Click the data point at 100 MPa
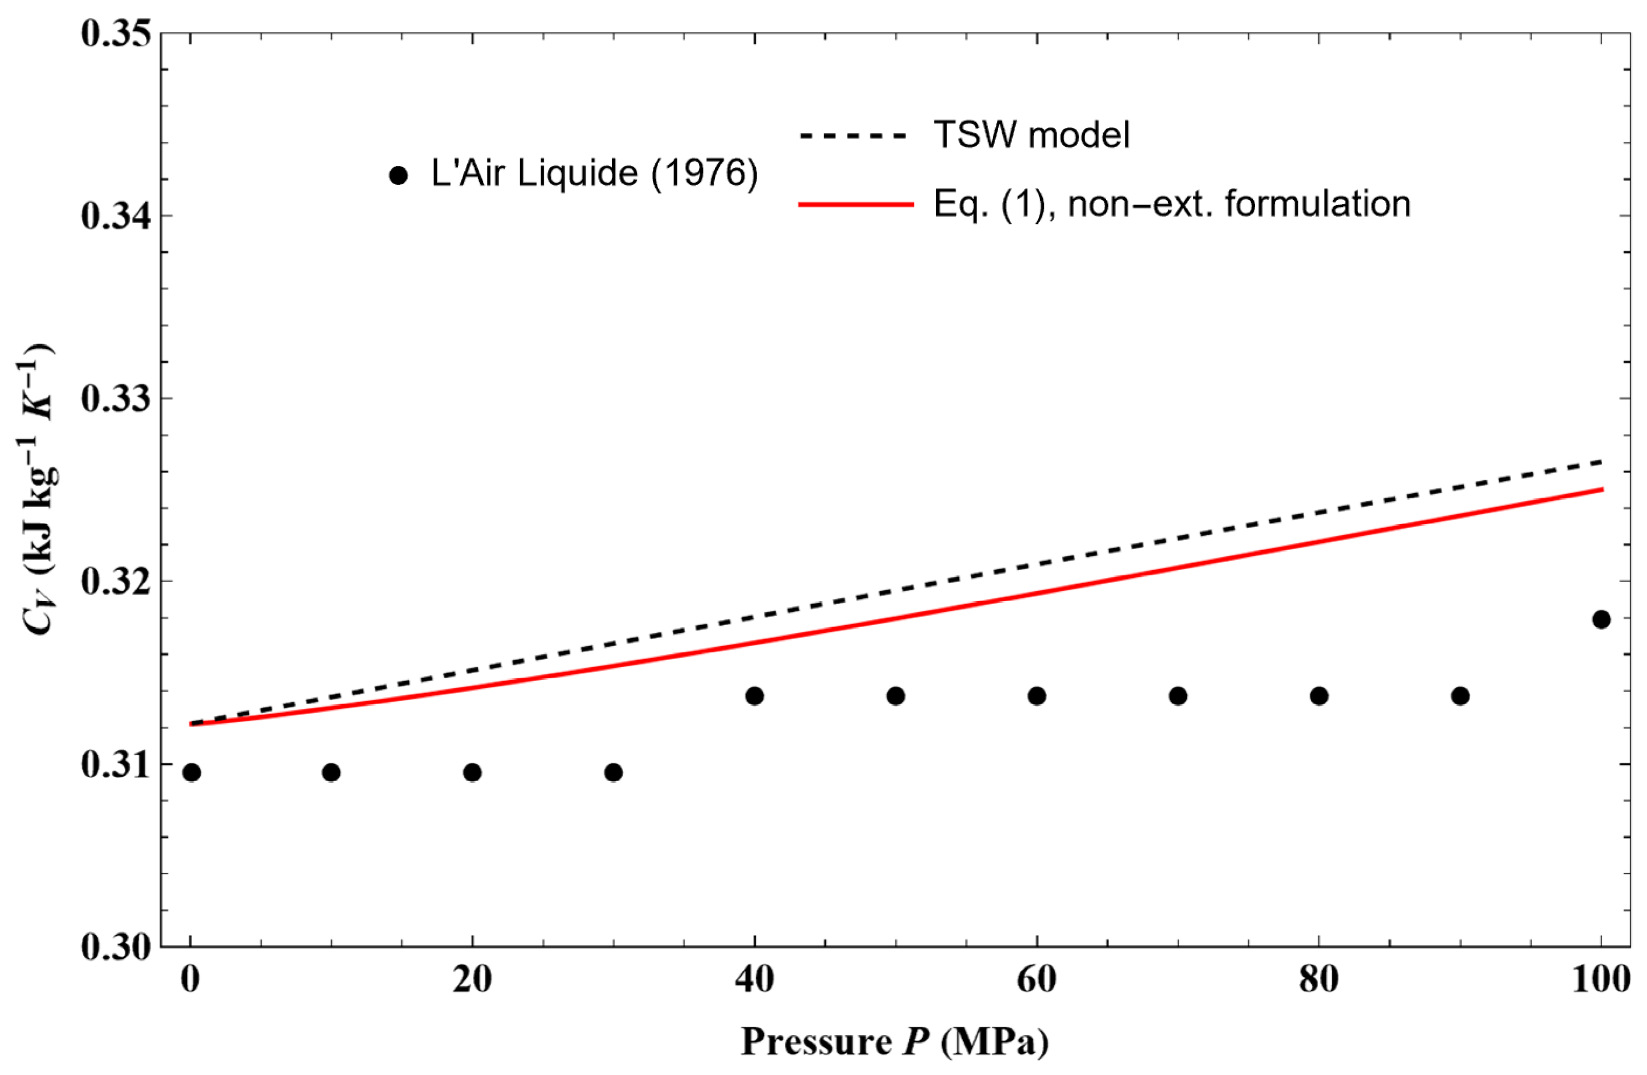(x=1601, y=619)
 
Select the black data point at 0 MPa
(x=192, y=772)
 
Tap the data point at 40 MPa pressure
(x=755, y=696)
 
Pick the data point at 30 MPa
(x=613, y=772)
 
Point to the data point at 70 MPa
(x=1178, y=696)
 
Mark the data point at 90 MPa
(x=1460, y=696)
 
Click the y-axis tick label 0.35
(x=116, y=34)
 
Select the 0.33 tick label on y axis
(x=116, y=400)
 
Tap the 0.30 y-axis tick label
(x=116, y=947)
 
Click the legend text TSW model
(x=1031, y=134)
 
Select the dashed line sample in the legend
(x=853, y=136)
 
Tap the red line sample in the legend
(x=856, y=205)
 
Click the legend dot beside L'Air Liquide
(x=398, y=176)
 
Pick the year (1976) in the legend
(x=704, y=173)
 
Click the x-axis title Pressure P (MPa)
(x=894, y=1041)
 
